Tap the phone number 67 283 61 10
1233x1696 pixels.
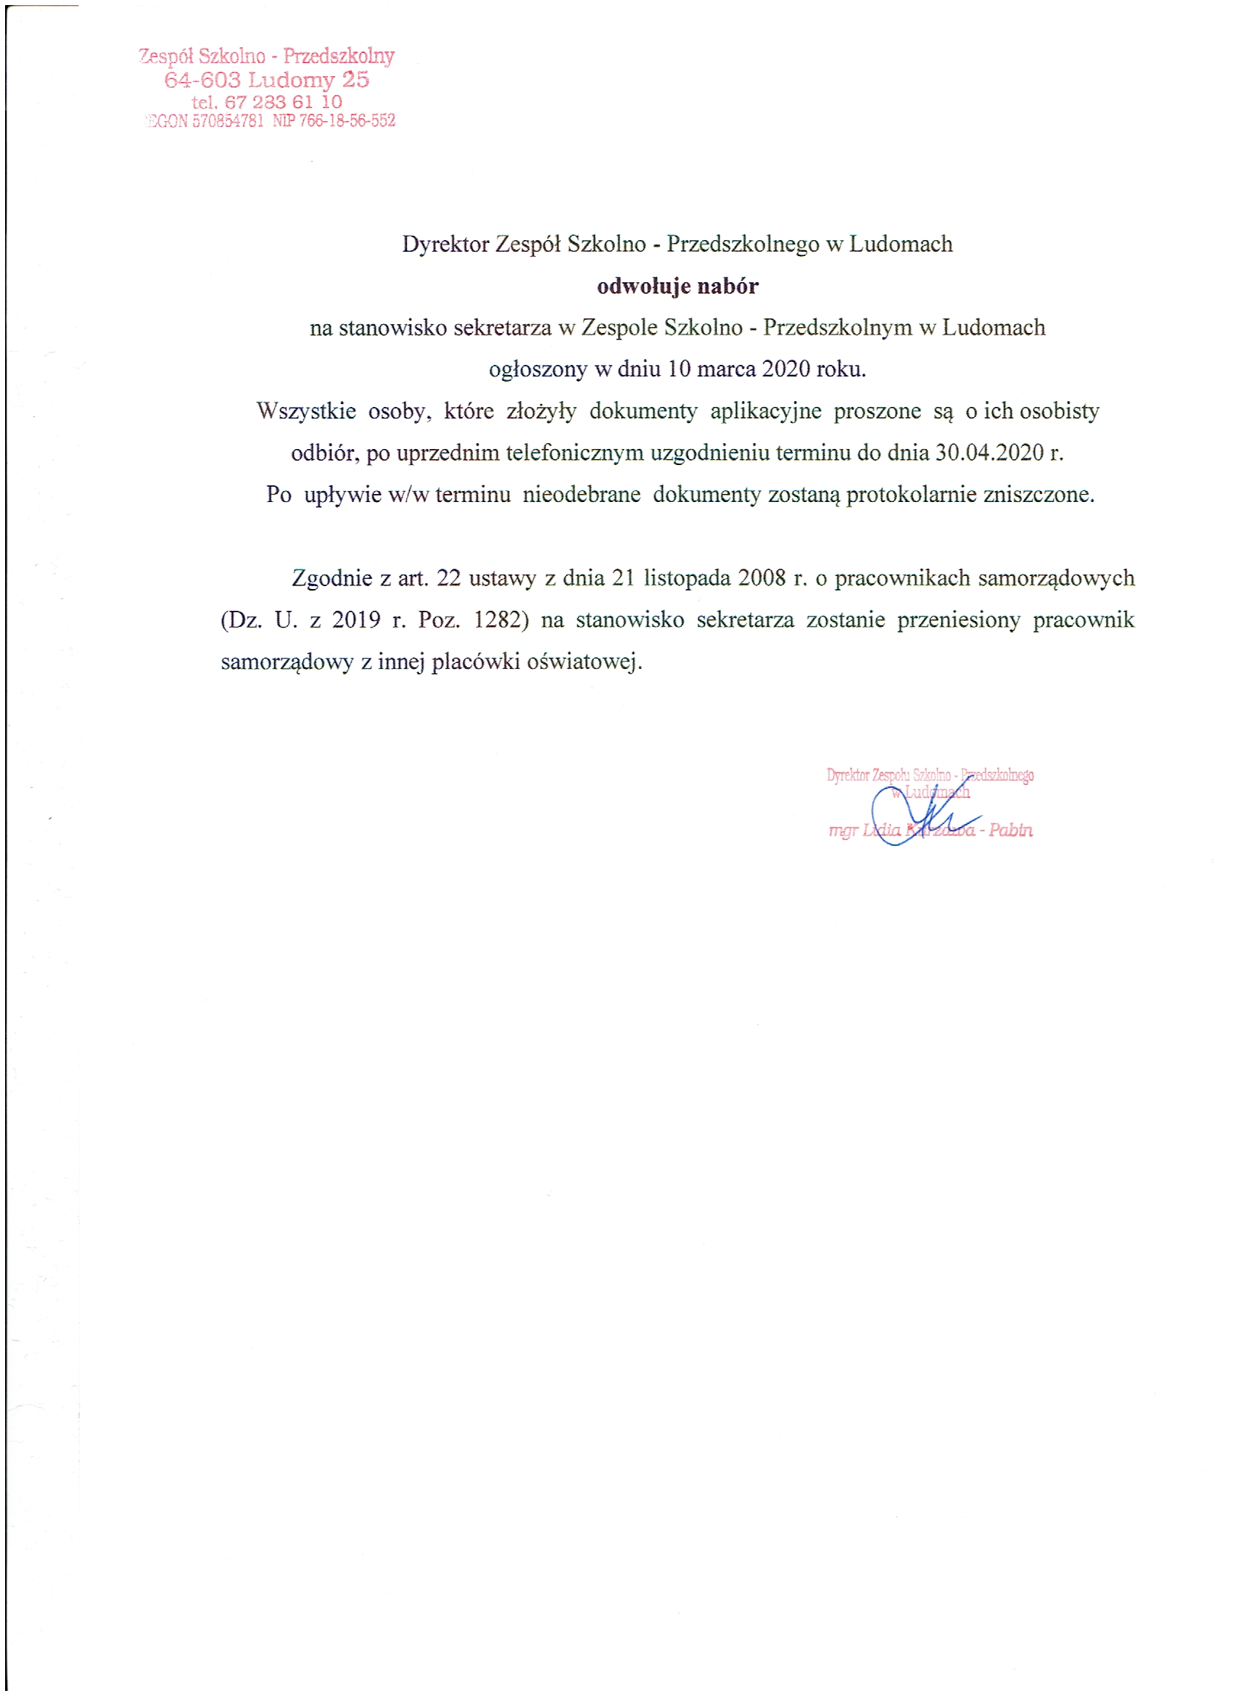(284, 102)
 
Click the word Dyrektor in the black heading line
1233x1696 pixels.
(445, 244)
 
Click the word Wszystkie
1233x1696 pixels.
(306, 411)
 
